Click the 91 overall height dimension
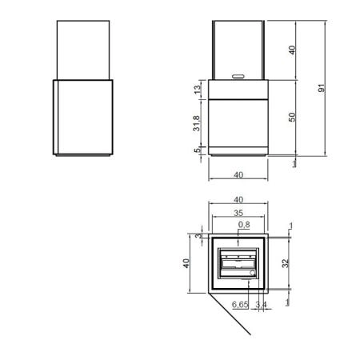tap(322, 88)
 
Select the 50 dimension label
tap(292, 117)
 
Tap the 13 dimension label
tap(197, 90)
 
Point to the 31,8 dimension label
tap(197, 123)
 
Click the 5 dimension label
tap(197, 150)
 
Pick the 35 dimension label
tap(238, 213)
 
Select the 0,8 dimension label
tap(244, 225)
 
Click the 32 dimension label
tap(286, 263)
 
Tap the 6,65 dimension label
tap(240, 304)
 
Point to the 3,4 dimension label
tap(262, 304)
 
